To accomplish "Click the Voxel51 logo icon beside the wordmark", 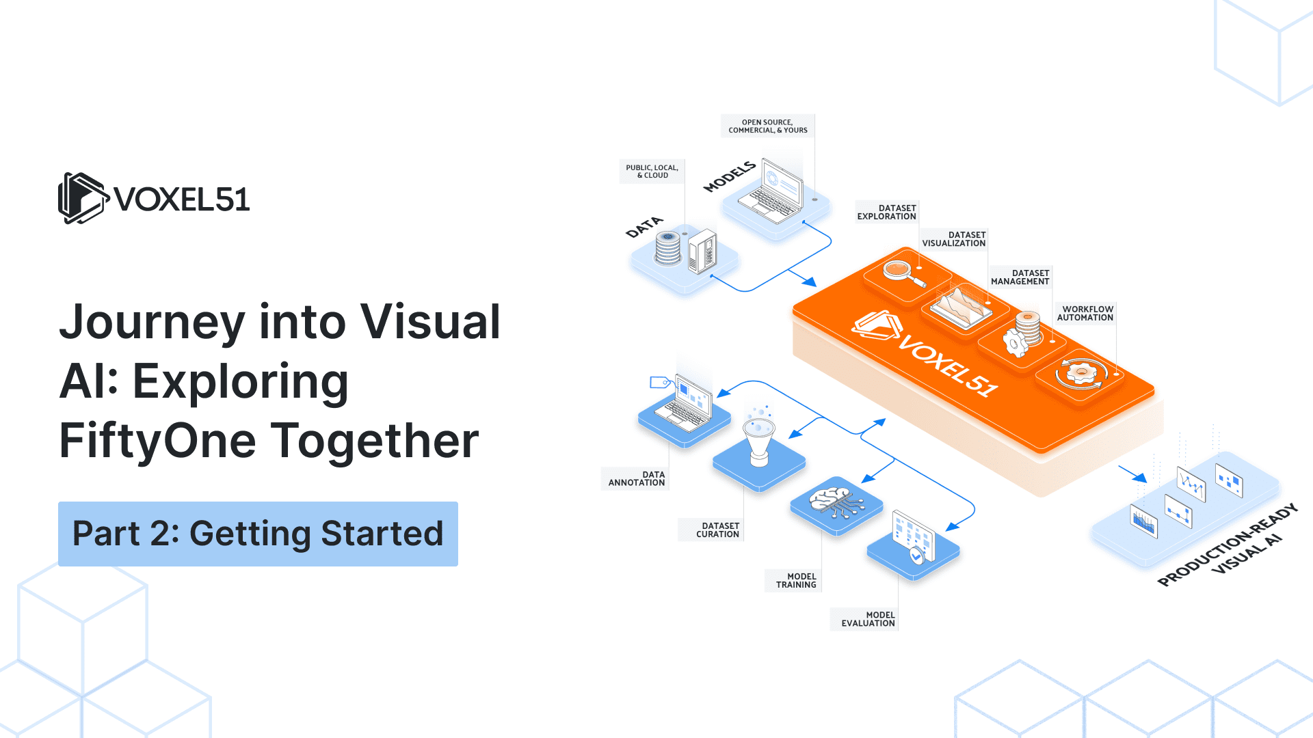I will [83, 198].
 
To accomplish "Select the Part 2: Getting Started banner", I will [258, 534].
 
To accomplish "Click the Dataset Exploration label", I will [886, 212].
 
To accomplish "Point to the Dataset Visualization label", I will [953, 239].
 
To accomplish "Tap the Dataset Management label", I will [1020, 277].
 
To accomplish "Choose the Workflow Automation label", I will [1085, 313].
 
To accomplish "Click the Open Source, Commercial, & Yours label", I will [767, 126].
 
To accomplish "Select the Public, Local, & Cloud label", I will [652, 172].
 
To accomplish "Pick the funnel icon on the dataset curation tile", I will [759, 441].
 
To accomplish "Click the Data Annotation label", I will [636, 478].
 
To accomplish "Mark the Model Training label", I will [795, 581].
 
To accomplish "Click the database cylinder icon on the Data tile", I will [668, 247].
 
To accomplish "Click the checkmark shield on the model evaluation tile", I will [916, 556].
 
